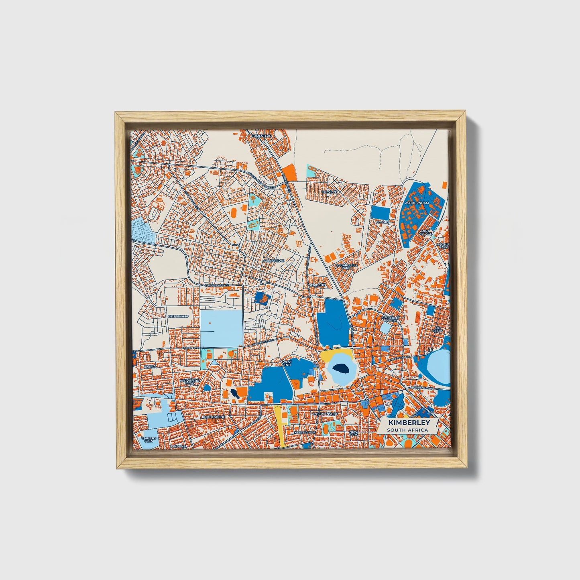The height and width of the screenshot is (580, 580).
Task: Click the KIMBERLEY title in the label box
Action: point(409,423)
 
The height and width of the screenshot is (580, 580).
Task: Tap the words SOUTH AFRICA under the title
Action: point(408,430)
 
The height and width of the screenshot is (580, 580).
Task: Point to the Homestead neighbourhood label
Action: point(261,136)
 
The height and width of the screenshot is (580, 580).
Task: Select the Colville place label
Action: point(330,192)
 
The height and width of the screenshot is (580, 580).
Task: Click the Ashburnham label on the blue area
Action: point(417,203)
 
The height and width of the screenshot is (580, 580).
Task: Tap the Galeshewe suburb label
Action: point(273,260)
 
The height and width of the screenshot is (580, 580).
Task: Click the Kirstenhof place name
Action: point(178,316)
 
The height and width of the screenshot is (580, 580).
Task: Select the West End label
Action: point(287,363)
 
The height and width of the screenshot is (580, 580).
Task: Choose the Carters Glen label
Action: point(148,439)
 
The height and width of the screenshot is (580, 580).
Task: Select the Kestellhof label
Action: point(304,432)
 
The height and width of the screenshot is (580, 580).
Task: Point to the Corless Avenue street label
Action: point(217,285)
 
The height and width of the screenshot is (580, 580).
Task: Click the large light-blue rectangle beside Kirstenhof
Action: point(221,328)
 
